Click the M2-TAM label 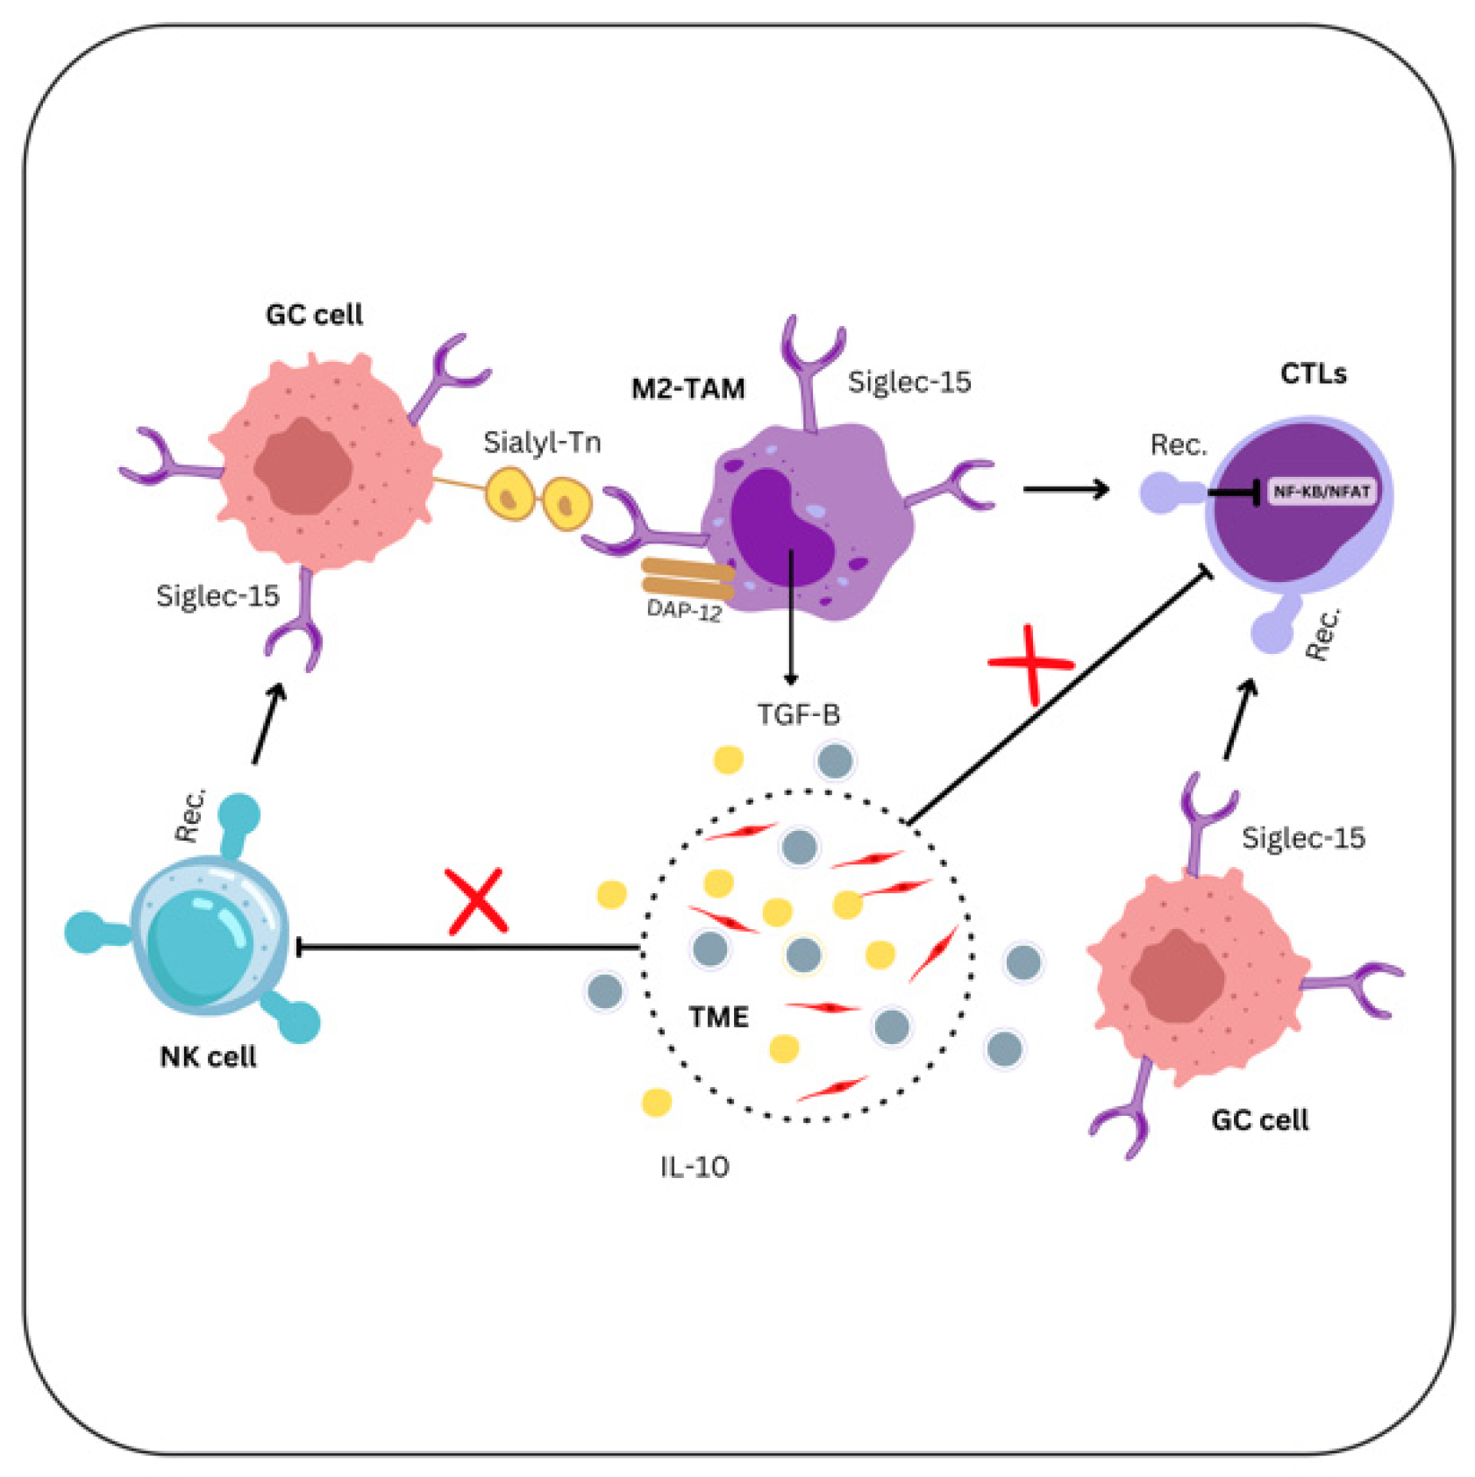coord(688,388)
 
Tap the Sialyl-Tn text coord(542,442)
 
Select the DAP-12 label coord(683,609)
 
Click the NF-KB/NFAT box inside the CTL coord(1321,492)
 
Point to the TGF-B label coord(798,714)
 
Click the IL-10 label coord(695,1167)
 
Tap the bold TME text coord(718,1017)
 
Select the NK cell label coord(208,1056)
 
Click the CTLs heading coord(1313,373)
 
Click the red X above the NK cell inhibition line coord(477,901)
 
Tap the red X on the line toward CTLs coord(1031,664)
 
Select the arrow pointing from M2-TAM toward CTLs coord(1065,488)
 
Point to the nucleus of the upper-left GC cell coord(303,466)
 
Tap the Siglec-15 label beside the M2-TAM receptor coord(909,382)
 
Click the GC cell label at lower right coord(1259,1119)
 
